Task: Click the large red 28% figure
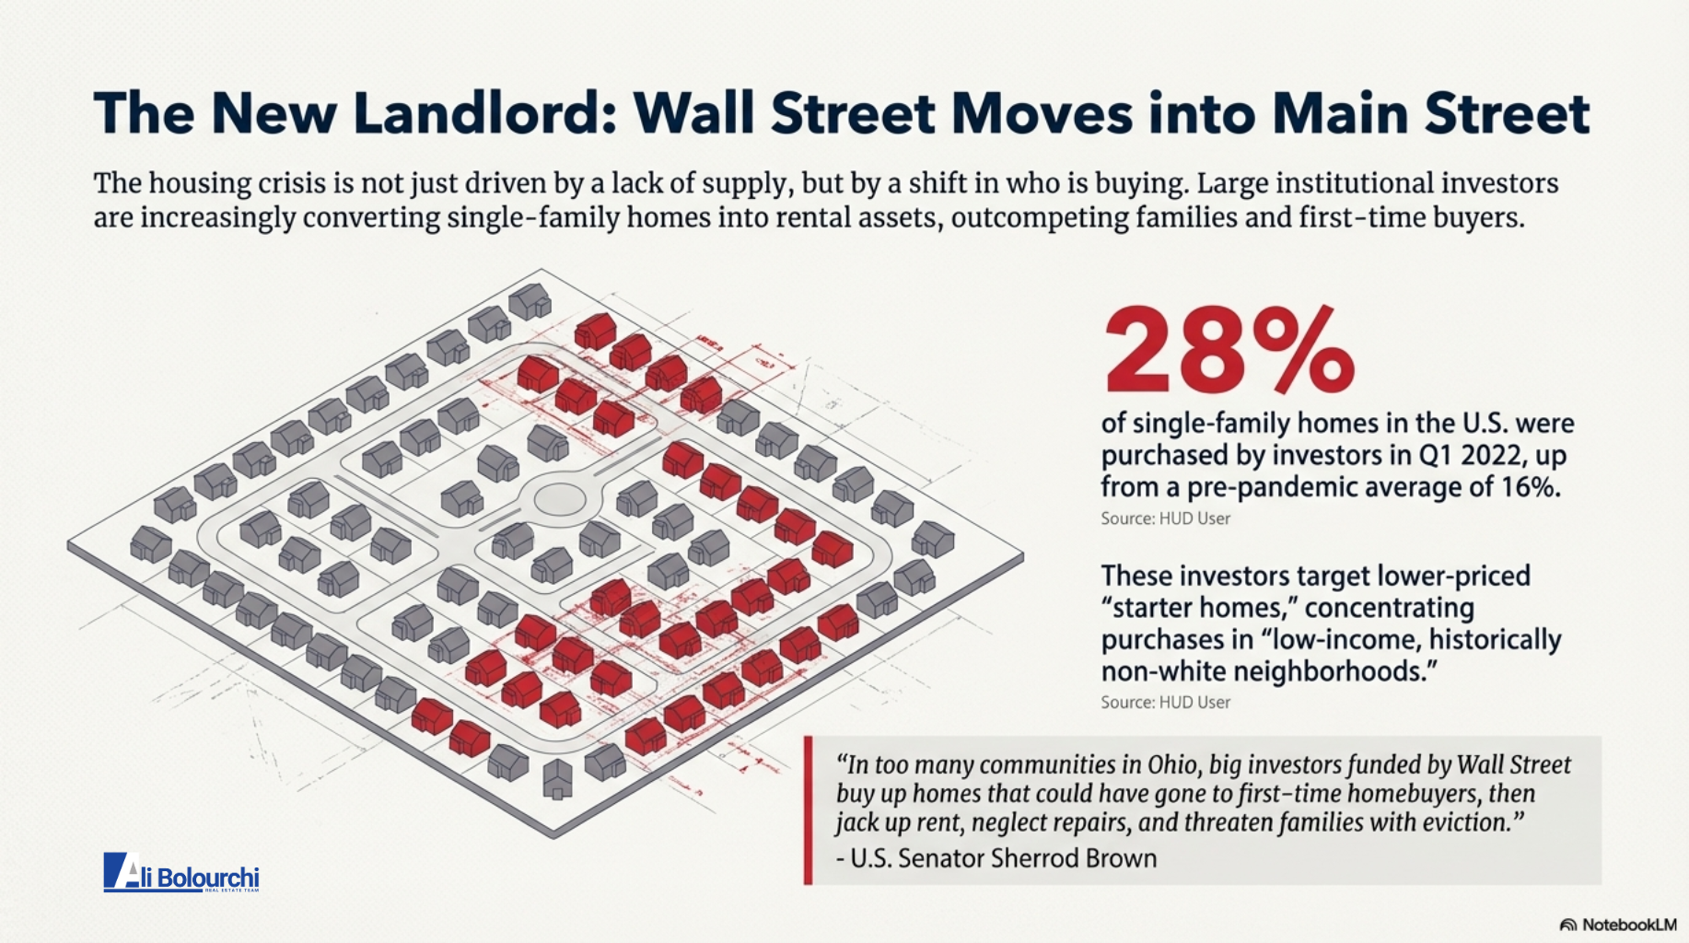1229,352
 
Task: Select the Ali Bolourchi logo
181,873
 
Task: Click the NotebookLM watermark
1618,925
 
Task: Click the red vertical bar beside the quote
808,810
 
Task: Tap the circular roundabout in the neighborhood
559,500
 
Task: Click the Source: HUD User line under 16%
1165,518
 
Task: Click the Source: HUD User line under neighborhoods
1165,702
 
